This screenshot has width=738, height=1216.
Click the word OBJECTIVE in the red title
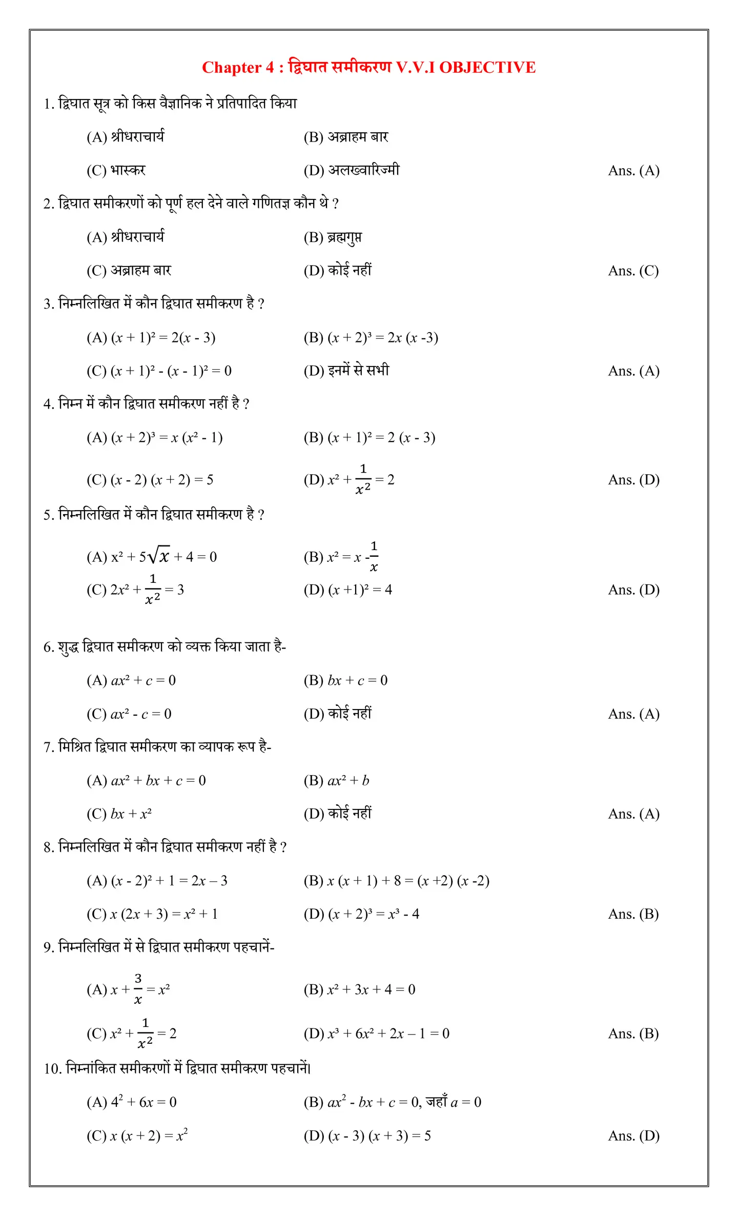(x=487, y=67)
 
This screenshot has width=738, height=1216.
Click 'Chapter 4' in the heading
(x=238, y=68)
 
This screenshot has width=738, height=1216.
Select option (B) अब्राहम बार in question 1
(x=346, y=137)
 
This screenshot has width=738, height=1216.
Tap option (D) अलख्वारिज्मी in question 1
(x=352, y=170)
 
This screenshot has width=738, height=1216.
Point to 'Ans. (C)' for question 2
(x=633, y=271)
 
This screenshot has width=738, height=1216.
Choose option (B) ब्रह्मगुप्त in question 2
(x=333, y=237)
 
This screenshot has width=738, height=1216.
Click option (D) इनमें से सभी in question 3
(x=346, y=371)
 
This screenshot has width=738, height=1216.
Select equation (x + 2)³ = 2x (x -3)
(x=371, y=338)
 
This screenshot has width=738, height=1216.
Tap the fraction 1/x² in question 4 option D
(x=363, y=479)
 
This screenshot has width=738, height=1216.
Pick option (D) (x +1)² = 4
(x=348, y=590)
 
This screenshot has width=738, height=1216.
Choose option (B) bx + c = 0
(x=346, y=680)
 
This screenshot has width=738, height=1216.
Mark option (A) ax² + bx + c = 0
(x=146, y=780)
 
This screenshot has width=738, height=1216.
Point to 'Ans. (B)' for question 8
(x=633, y=914)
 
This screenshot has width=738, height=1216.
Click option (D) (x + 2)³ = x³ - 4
(x=361, y=914)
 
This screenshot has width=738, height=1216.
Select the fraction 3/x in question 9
(x=138, y=989)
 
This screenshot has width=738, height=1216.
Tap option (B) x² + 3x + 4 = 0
(x=359, y=989)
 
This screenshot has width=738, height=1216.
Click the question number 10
(x=52, y=1069)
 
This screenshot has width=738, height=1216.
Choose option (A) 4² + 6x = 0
(x=132, y=1102)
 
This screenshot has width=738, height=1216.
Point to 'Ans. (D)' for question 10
(x=633, y=1136)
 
